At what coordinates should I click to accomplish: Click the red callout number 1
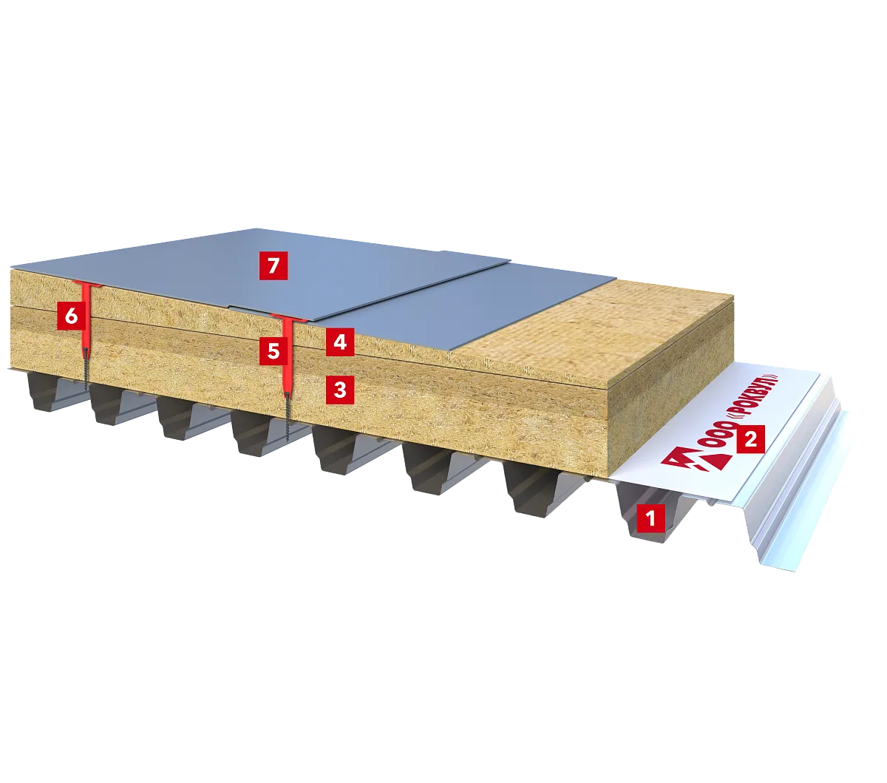click(x=650, y=518)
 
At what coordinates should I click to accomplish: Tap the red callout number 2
click(x=750, y=438)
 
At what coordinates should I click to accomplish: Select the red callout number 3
click(x=340, y=390)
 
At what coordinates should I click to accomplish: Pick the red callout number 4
click(x=340, y=342)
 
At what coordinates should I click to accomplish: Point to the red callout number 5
click(x=273, y=350)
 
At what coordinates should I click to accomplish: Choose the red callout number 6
click(x=72, y=315)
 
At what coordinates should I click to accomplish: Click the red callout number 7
click(x=273, y=265)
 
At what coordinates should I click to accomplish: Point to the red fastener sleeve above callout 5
click(x=287, y=356)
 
